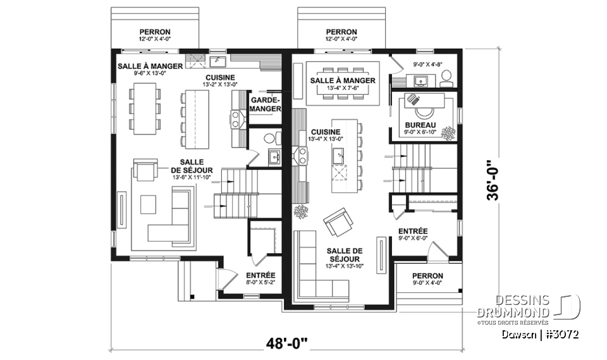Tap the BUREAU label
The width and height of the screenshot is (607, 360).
420,126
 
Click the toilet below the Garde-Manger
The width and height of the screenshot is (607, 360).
269,138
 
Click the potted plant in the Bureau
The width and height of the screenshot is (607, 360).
449,132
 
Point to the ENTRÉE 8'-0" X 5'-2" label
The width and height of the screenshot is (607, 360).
260,278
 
